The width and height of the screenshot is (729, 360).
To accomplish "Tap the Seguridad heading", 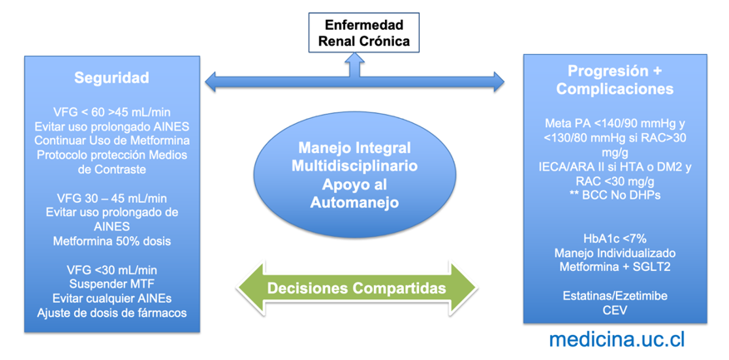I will point(111,77).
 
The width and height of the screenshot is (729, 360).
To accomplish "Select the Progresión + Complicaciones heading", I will point(614,79).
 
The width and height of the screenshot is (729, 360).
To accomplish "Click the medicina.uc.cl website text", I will point(617,338).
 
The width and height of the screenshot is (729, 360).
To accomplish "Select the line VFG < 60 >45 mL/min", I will point(111,111).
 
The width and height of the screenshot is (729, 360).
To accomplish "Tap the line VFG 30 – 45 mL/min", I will point(111,198).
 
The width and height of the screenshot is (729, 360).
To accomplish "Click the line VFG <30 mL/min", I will point(111,270).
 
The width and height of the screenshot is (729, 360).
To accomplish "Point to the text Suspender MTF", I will point(111,284).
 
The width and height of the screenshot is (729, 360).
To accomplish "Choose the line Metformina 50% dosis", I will point(111,241).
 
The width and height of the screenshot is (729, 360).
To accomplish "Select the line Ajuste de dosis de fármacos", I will point(111,313).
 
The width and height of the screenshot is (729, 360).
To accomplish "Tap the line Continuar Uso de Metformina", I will point(111,140).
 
